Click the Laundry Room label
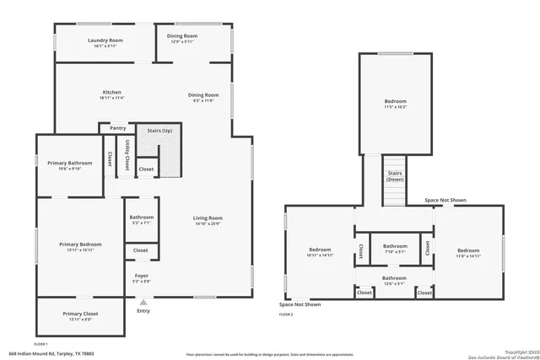pyautogui.click(x=105, y=40)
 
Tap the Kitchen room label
pyautogui.click(x=112, y=92)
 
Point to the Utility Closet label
pyautogui.click(x=127, y=153)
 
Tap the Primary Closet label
pyautogui.click(x=80, y=314)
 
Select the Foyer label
pyautogui.click(x=141, y=276)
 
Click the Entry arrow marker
pyautogui.click(x=143, y=302)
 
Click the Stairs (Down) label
pyautogui.click(x=394, y=176)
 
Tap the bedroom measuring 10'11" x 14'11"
pyautogui.click(x=320, y=252)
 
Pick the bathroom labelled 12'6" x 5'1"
pyautogui.click(x=394, y=280)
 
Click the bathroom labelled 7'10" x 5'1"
pyautogui.click(x=395, y=247)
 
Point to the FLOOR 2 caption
pyautogui.click(x=286, y=314)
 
